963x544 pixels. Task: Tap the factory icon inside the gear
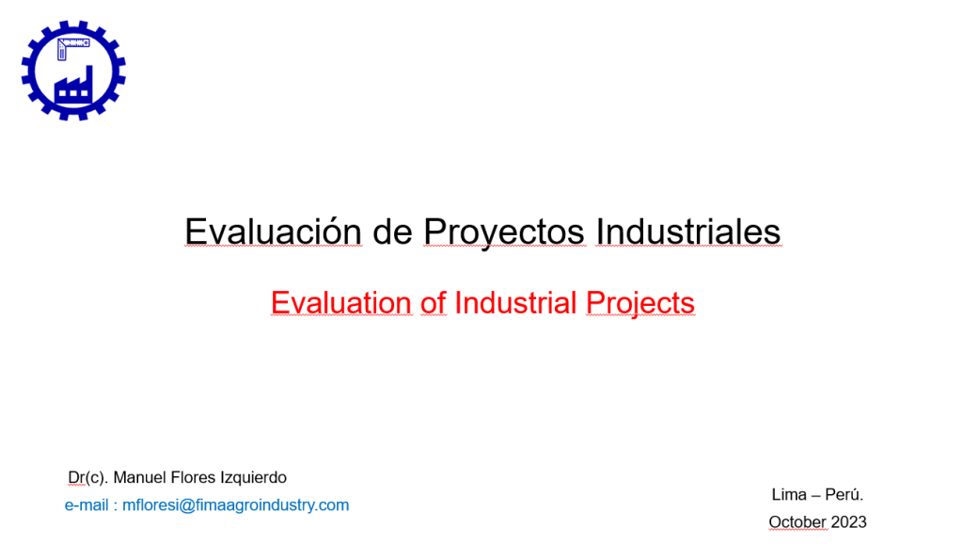(73, 86)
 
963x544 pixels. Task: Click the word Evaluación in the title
(274, 232)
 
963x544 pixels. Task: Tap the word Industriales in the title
(687, 232)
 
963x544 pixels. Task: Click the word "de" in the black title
(392, 232)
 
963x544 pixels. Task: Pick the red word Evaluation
(340, 302)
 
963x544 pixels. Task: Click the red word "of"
(433, 302)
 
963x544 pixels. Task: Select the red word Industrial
(515, 302)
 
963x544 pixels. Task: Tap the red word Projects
(639, 304)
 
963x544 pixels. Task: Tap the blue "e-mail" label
(87, 505)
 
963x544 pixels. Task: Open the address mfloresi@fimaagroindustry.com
(235, 505)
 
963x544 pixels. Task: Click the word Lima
(789, 494)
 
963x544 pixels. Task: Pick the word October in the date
(797, 521)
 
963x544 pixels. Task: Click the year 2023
(849, 521)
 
